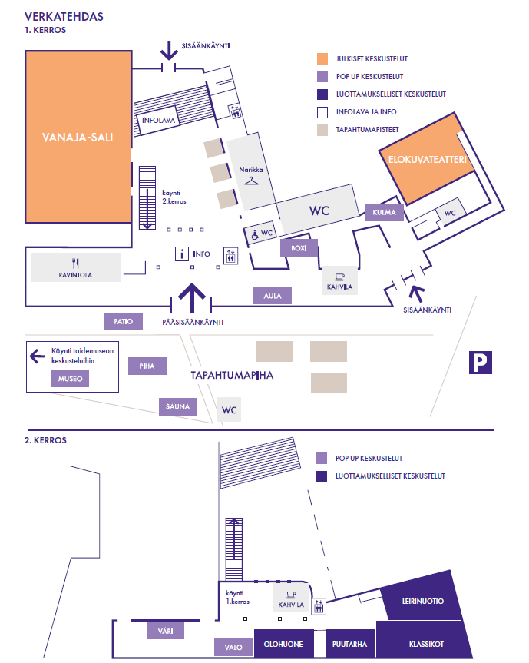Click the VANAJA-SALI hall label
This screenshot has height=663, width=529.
coord(77,138)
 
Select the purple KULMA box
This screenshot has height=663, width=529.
coord(384,212)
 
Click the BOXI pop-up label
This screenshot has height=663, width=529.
coord(299,248)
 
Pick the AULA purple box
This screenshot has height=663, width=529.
coord(273,295)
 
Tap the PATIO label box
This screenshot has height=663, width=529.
coord(124,322)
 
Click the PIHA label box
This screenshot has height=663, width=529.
coord(147,366)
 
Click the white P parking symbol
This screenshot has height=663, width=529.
coord(481,363)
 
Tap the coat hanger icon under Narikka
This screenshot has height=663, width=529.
coord(251,181)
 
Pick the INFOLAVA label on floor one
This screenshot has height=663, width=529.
coord(159,121)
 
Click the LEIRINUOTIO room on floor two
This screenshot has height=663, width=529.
coord(423,601)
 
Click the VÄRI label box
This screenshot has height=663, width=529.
coord(165,631)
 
